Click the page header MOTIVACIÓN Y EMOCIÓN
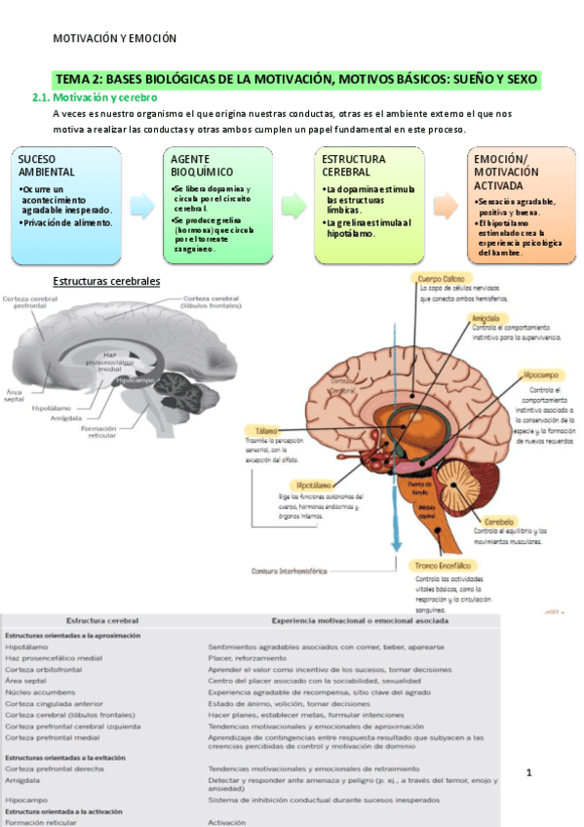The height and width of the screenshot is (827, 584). point(114,39)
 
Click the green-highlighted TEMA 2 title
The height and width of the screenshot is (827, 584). point(297,79)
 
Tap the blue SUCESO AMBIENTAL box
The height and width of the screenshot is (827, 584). point(65,205)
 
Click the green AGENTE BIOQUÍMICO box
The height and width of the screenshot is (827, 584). point(217,205)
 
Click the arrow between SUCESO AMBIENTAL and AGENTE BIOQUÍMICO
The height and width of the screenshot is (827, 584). point(141,205)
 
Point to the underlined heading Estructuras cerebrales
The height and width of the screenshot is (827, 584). point(106,281)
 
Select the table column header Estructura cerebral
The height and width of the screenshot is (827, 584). point(101,620)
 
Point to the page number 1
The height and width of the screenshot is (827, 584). point(528,773)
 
